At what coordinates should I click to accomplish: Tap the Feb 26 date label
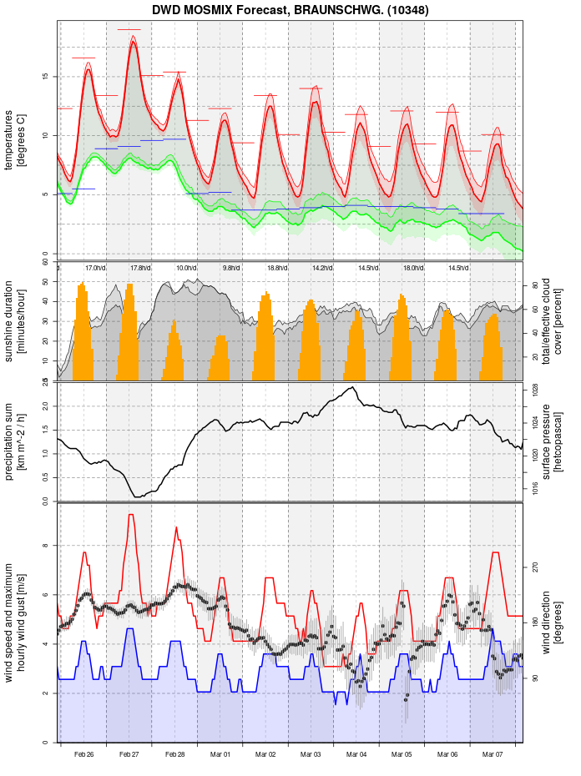pyautogui.click(x=83, y=754)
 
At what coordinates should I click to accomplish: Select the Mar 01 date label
pyautogui.click(x=220, y=754)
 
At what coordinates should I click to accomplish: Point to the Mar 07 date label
pyautogui.click(x=493, y=754)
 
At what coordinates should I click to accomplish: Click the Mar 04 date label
pyautogui.click(x=356, y=754)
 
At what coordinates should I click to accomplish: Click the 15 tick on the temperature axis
pyautogui.click(x=46, y=77)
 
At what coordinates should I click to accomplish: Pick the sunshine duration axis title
pyautogui.click(x=15, y=321)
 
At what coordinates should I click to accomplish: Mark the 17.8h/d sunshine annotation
pyautogui.click(x=141, y=268)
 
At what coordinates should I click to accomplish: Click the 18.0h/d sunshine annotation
pyautogui.click(x=413, y=268)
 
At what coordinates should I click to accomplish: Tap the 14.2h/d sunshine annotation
pyautogui.click(x=322, y=268)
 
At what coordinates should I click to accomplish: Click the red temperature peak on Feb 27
pyautogui.click(x=133, y=41)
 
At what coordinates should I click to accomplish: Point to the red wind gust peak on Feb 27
pyautogui.click(x=130, y=515)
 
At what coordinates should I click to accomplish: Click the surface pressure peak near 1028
pyautogui.click(x=353, y=387)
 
